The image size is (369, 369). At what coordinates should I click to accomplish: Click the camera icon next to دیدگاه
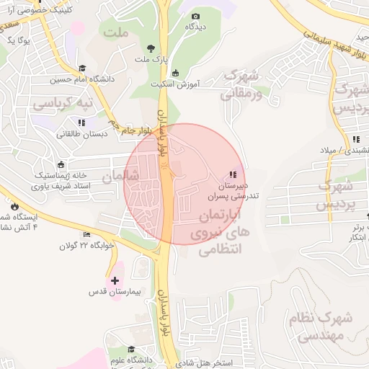(x=194, y=15)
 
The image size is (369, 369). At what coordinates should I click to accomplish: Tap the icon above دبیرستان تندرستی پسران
(x=232, y=174)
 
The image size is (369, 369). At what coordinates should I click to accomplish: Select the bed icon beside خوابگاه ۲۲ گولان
(x=87, y=234)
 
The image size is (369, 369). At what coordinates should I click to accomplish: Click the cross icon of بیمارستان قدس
(x=115, y=279)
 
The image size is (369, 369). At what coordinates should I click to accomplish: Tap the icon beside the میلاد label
(x=355, y=139)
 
